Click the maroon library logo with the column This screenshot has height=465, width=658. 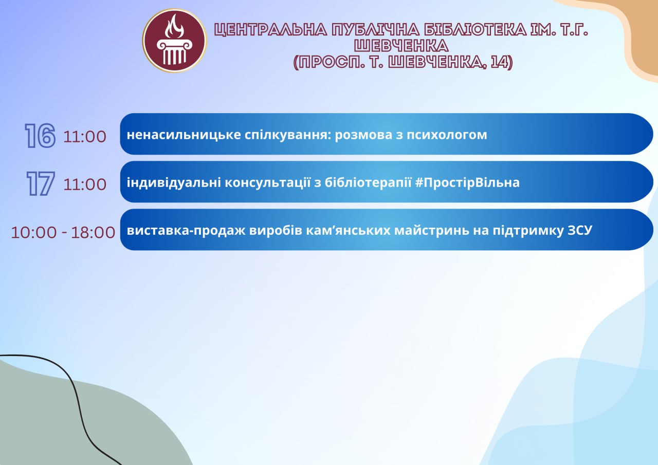[x=174, y=41]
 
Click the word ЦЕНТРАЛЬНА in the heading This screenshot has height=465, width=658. [x=270, y=30]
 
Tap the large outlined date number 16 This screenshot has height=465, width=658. [x=40, y=135]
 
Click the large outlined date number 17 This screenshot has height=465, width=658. [x=41, y=184]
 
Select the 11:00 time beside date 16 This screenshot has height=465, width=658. [x=85, y=137]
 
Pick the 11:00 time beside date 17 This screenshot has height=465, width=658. [x=85, y=184]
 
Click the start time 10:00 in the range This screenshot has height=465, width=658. [x=34, y=232]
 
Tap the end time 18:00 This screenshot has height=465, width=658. [x=93, y=232]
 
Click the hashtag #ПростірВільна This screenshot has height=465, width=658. [x=468, y=183]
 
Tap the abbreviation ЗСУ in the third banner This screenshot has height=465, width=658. [x=580, y=231]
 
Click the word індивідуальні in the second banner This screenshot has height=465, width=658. [x=174, y=183]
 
